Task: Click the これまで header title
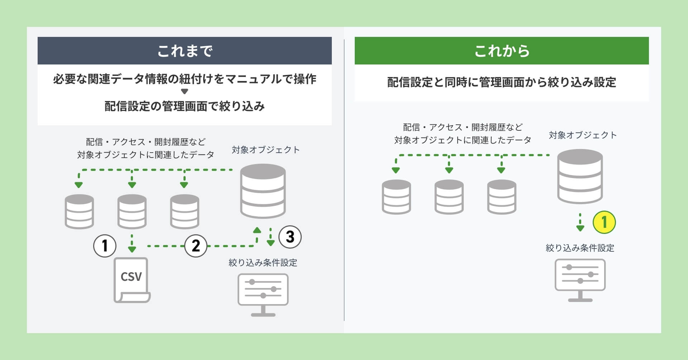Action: pyautogui.click(x=185, y=51)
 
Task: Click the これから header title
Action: pyautogui.click(x=502, y=51)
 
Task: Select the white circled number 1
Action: pyautogui.click(x=105, y=246)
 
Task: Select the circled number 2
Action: pyautogui.click(x=196, y=246)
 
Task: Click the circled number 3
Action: pyautogui.click(x=290, y=237)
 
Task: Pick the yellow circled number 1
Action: pyautogui.click(x=604, y=222)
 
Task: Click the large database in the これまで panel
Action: pyautogui.click(x=263, y=191)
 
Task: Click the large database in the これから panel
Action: pyautogui.click(x=580, y=176)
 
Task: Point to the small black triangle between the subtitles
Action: pyautogui.click(x=185, y=92)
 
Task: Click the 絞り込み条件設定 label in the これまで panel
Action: pyautogui.click(x=263, y=263)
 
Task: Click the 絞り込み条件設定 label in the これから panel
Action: pyautogui.click(x=580, y=248)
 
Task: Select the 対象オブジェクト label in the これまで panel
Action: pyautogui.click(x=266, y=150)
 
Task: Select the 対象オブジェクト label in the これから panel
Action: pyautogui.click(x=583, y=135)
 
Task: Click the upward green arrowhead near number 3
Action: pyautogui.click(x=257, y=230)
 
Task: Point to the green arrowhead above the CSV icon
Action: pyautogui.click(x=132, y=249)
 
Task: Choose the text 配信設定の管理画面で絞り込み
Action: pyautogui.click(x=185, y=106)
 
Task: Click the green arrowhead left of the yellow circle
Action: pyautogui.click(x=580, y=228)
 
